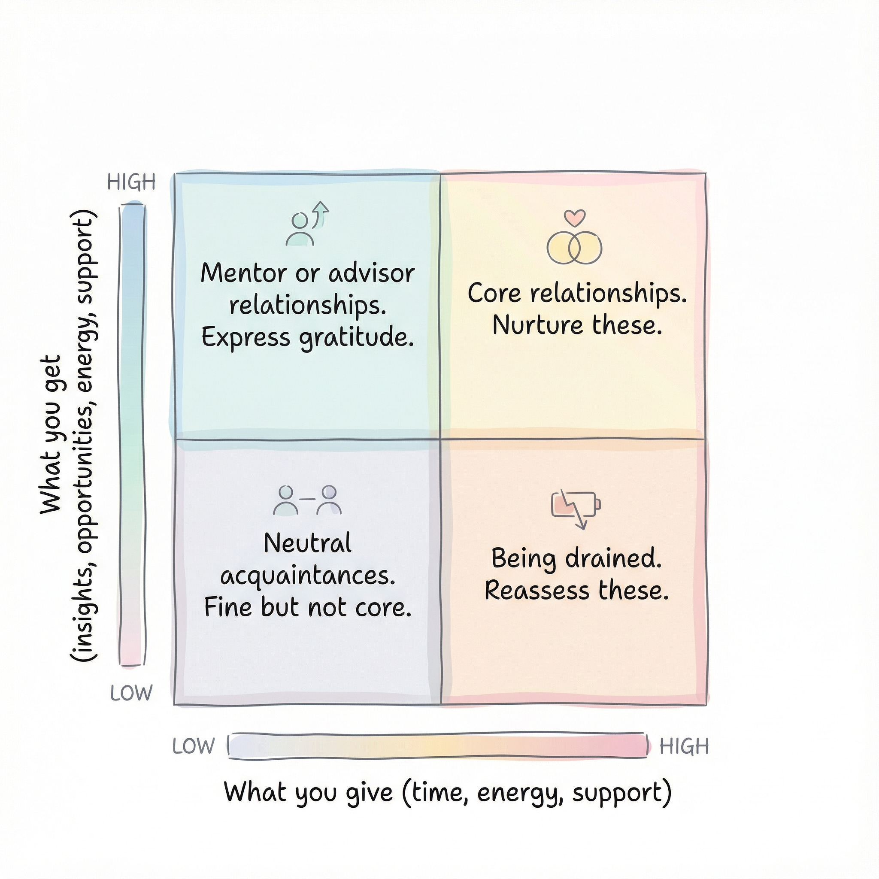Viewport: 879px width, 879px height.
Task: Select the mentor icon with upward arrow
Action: [x=306, y=224]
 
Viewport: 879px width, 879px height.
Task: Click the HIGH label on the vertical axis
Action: [x=131, y=182]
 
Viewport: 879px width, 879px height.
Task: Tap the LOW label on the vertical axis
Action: [x=131, y=693]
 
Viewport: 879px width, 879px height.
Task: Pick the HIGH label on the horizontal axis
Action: [x=684, y=746]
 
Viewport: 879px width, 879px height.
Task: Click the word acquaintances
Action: [x=308, y=576]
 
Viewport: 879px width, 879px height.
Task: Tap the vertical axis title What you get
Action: [x=51, y=434]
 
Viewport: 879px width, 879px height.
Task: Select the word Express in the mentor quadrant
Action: [x=246, y=338]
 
